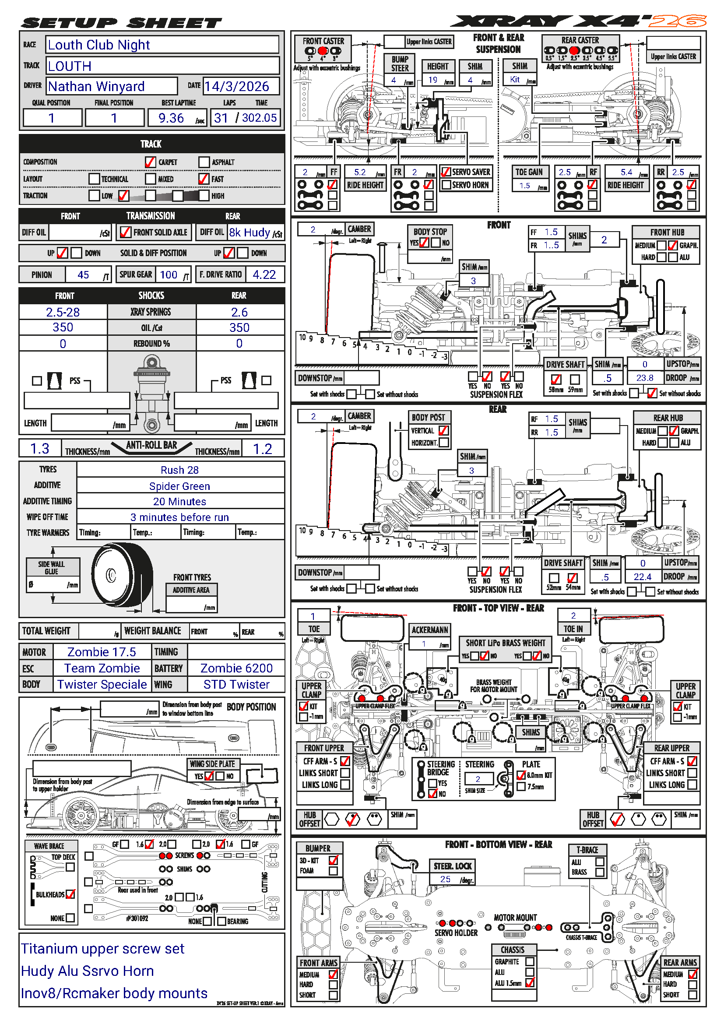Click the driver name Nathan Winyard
(x=96, y=86)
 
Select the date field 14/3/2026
(x=237, y=86)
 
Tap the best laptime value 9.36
(x=171, y=118)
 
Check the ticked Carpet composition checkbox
(x=150, y=162)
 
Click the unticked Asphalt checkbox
(x=204, y=162)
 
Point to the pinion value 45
(x=83, y=275)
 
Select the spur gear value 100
(x=169, y=275)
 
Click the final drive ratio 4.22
(x=264, y=275)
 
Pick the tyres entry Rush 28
(x=179, y=470)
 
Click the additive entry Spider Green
(x=179, y=486)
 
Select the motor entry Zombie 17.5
(x=102, y=652)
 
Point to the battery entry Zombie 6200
(x=236, y=668)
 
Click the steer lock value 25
(x=445, y=879)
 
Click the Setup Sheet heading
(x=121, y=23)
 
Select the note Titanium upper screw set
(x=102, y=949)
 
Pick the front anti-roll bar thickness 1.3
(x=40, y=449)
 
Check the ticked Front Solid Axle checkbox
(x=126, y=232)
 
